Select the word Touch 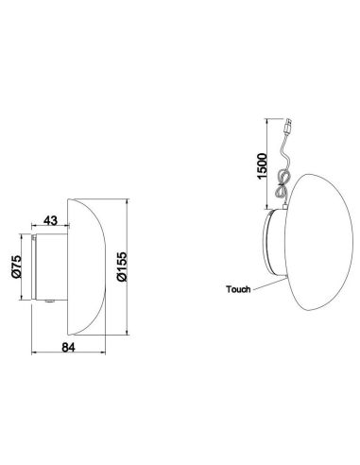point(238,289)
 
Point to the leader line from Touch point(259,284)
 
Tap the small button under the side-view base point(48,301)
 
